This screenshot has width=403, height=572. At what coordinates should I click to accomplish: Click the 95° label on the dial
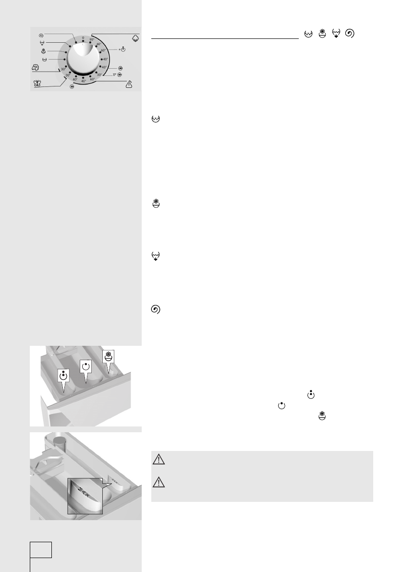click(x=92, y=40)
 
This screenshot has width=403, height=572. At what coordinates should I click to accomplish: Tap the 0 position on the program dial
click(x=83, y=37)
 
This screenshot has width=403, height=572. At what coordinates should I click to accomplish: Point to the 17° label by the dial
click(x=114, y=75)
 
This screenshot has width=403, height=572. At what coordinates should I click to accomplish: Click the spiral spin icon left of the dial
click(x=42, y=35)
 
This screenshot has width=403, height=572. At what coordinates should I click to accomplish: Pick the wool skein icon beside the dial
click(x=35, y=68)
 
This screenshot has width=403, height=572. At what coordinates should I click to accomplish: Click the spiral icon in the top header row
click(x=350, y=33)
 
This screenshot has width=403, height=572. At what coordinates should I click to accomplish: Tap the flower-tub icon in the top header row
click(x=322, y=33)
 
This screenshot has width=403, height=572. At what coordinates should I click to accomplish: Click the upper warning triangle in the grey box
click(x=159, y=460)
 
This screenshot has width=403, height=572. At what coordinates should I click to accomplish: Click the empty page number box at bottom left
click(x=41, y=549)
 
